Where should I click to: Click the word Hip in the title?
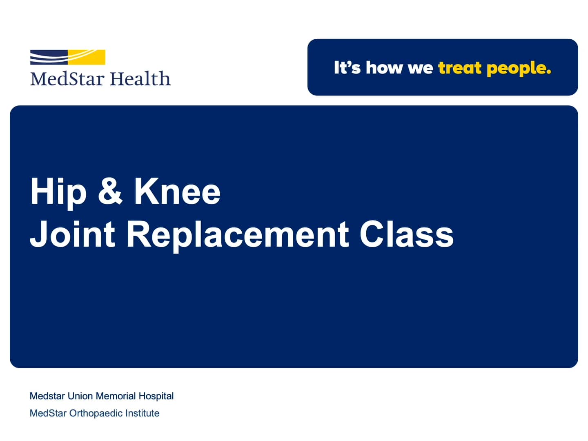[x=58, y=192]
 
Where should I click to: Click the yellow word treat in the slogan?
[x=459, y=68]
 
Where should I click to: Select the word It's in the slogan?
[x=347, y=68]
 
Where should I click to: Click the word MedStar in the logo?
[x=67, y=79]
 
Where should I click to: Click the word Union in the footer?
[x=80, y=396]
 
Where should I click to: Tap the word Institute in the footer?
[x=142, y=413]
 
